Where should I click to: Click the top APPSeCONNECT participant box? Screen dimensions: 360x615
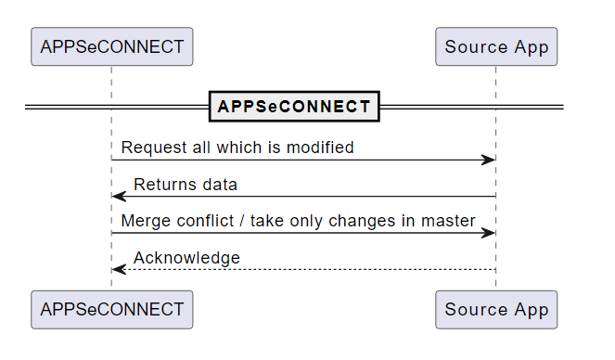click(111, 46)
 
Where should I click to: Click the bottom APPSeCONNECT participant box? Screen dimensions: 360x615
click(111, 309)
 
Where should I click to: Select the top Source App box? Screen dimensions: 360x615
click(496, 46)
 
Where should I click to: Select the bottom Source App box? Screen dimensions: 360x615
click(496, 309)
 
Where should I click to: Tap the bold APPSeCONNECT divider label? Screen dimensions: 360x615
click(294, 107)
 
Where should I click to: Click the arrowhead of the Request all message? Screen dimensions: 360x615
click(489, 160)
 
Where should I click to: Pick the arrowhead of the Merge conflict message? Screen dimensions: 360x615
click(489, 233)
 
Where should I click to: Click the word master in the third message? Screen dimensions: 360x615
click(450, 221)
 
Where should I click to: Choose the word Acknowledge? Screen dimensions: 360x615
click(186, 257)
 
